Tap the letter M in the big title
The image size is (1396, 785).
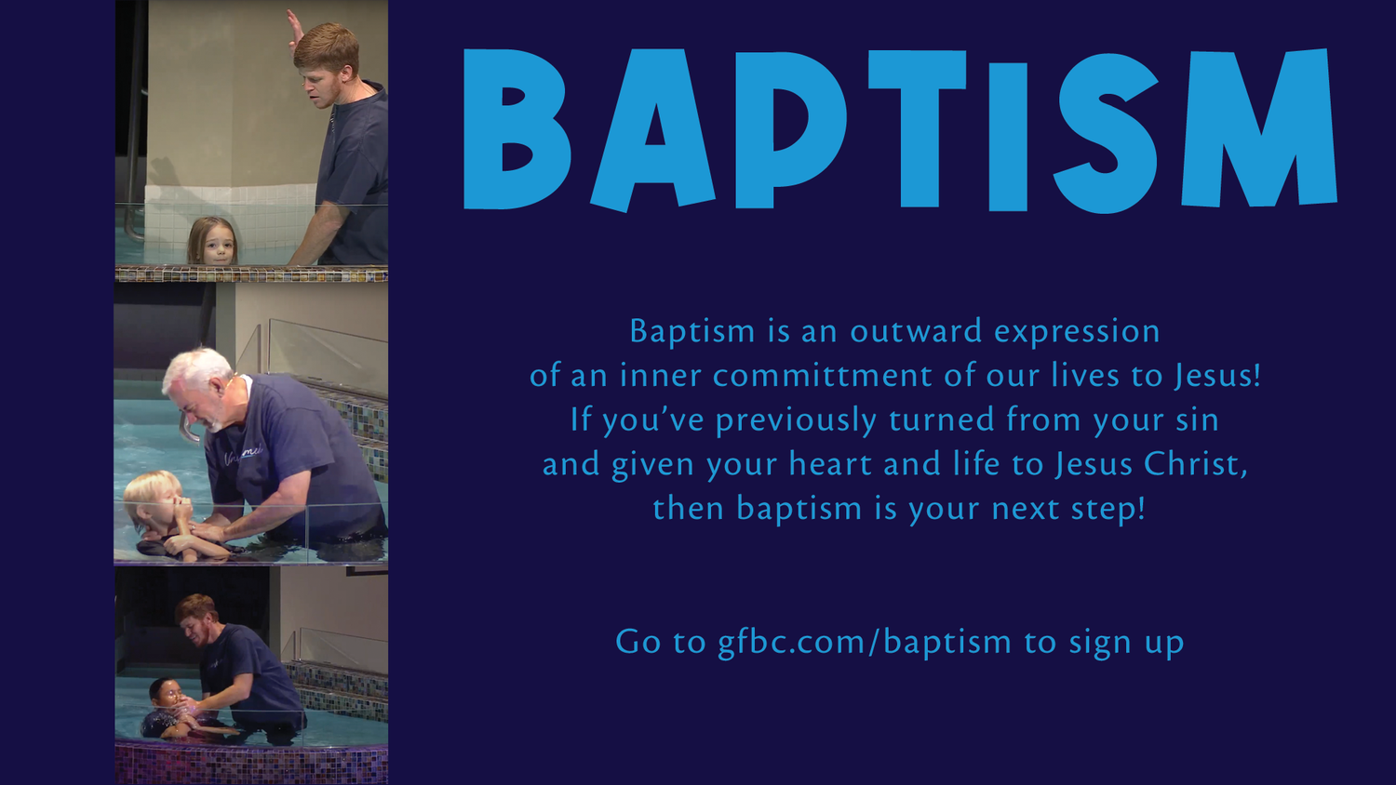click(x=1258, y=130)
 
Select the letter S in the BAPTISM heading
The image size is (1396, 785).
click(x=1106, y=132)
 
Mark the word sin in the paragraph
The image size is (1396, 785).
click(x=1197, y=420)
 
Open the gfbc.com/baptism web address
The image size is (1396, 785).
click(x=864, y=642)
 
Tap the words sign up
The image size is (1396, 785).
click(x=1126, y=642)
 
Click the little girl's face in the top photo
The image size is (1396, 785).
click(x=215, y=244)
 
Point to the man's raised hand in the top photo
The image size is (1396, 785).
click(x=295, y=28)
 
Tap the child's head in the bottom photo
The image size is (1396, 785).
click(x=165, y=692)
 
